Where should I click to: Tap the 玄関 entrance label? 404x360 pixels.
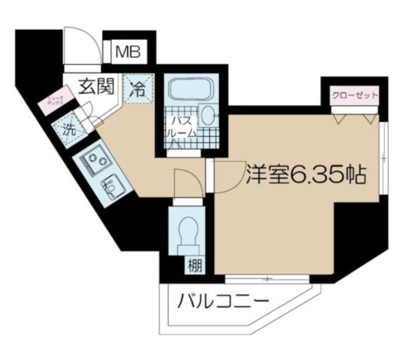point(97,86)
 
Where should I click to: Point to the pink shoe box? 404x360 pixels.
point(53,103)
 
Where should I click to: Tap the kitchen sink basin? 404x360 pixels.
point(112,183)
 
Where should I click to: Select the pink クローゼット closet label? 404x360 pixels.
point(354,95)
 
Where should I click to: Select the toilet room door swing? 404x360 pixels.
point(186,183)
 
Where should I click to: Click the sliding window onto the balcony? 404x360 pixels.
point(268,279)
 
